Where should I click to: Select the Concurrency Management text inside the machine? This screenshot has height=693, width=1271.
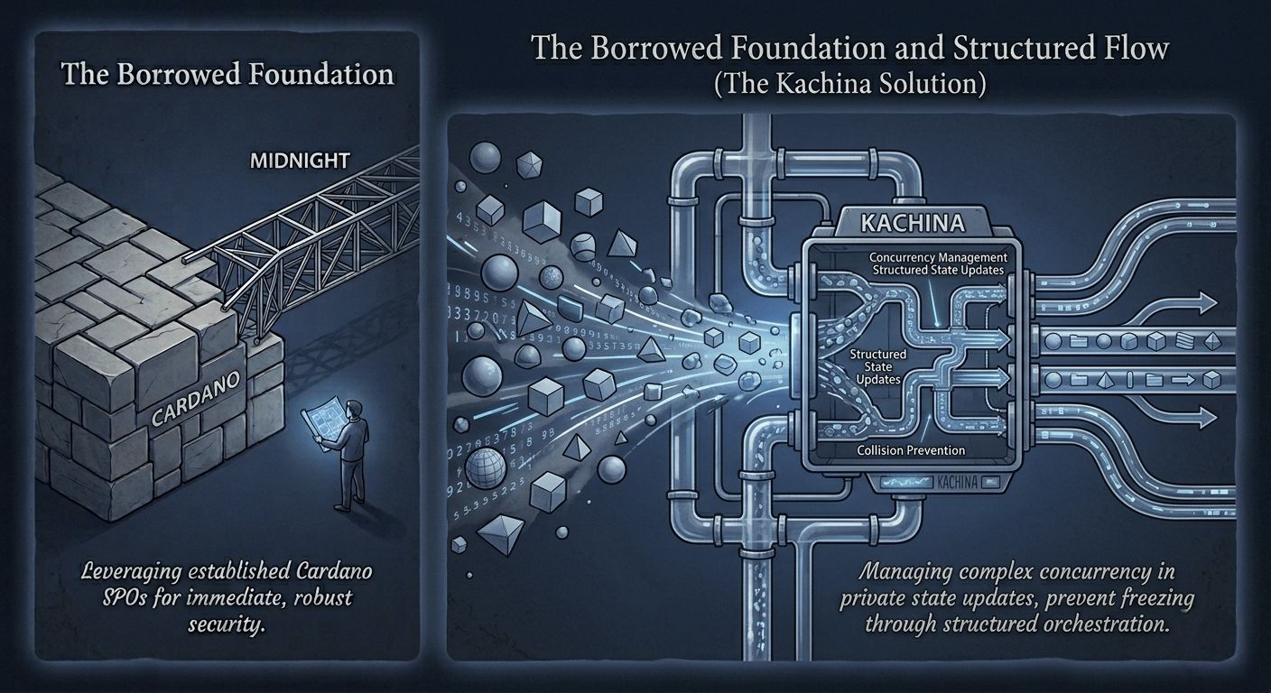[x=939, y=256]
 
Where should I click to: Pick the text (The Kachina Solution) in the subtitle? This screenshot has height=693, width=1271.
[x=849, y=83]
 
